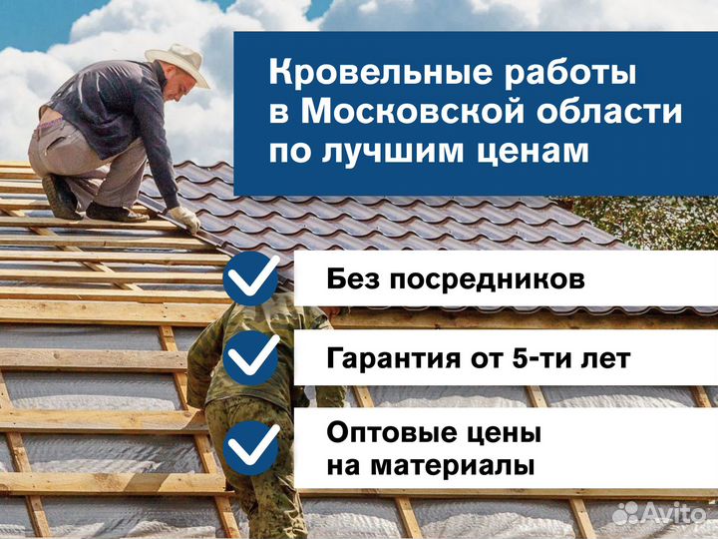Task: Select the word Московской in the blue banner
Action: (x=412, y=112)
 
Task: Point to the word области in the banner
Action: (x=609, y=112)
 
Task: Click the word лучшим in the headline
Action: (x=393, y=151)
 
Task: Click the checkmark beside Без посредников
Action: (x=251, y=277)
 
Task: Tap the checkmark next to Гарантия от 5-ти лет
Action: (x=251, y=358)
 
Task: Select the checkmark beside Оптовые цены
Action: (x=251, y=448)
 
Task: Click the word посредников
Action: (x=488, y=279)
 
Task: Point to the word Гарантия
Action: (x=393, y=358)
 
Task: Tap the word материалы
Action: (x=453, y=466)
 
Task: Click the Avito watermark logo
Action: (x=659, y=513)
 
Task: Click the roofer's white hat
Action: (x=179, y=63)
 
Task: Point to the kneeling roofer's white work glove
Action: (x=185, y=219)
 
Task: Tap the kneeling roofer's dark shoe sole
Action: (x=60, y=197)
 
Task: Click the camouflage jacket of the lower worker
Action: (x=256, y=357)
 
